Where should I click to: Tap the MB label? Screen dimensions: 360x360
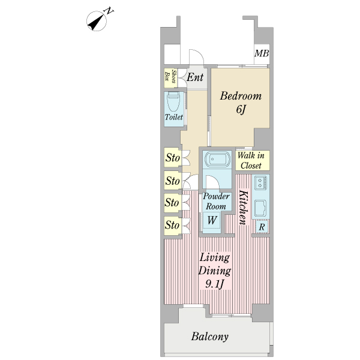261,54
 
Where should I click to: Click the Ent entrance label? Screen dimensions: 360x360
194,77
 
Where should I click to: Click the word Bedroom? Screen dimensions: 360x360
240,96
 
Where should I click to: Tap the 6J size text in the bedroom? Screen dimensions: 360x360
241,110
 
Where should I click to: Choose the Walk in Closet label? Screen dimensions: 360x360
251,161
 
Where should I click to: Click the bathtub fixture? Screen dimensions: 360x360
217,160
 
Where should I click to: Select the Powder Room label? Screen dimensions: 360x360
216,202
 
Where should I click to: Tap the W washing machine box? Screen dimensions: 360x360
212,220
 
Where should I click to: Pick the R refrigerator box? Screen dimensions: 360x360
262,227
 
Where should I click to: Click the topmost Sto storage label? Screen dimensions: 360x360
172,158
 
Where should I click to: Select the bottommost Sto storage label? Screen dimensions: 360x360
172,226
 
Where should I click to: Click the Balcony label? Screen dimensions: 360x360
210,337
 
